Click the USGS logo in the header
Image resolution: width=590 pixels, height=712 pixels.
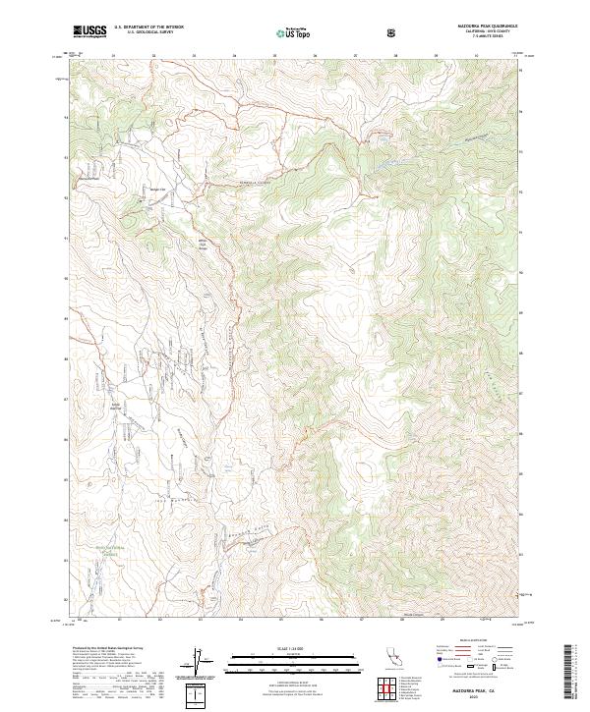click(x=89, y=30)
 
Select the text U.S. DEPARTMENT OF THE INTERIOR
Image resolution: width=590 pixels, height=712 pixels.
click(x=148, y=27)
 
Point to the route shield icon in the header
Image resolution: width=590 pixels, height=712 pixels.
click(x=394, y=31)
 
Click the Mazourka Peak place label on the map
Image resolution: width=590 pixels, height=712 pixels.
click(x=90, y=179)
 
